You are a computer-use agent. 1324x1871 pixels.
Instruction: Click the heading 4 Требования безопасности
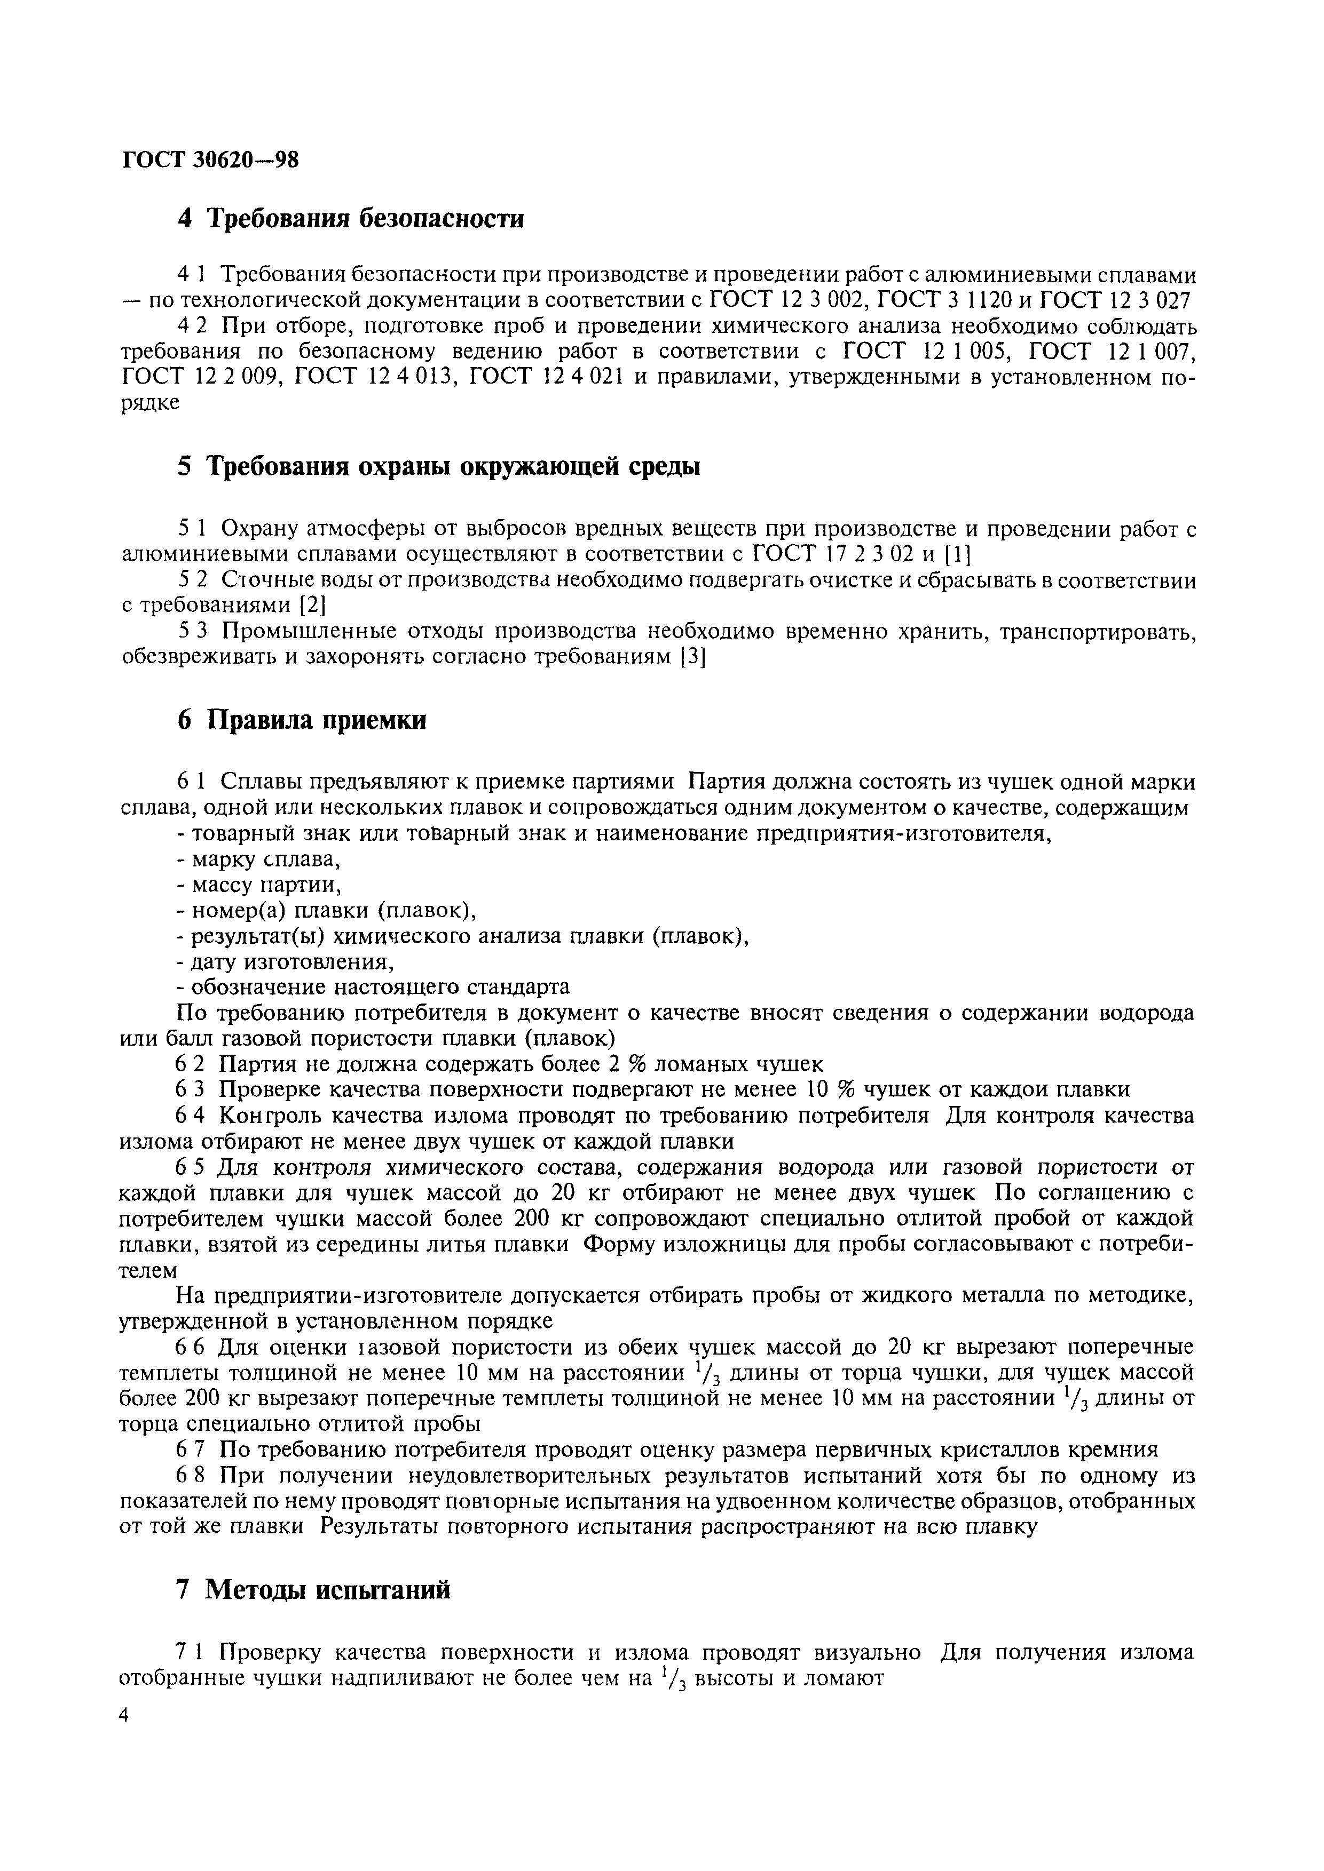[x=351, y=219]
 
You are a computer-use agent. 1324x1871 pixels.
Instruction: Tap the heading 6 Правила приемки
[x=302, y=721]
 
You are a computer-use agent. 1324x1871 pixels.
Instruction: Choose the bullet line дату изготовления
[x=285, y=962]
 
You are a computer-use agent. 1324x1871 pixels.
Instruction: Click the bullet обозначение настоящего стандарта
[x=373, y=988]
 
